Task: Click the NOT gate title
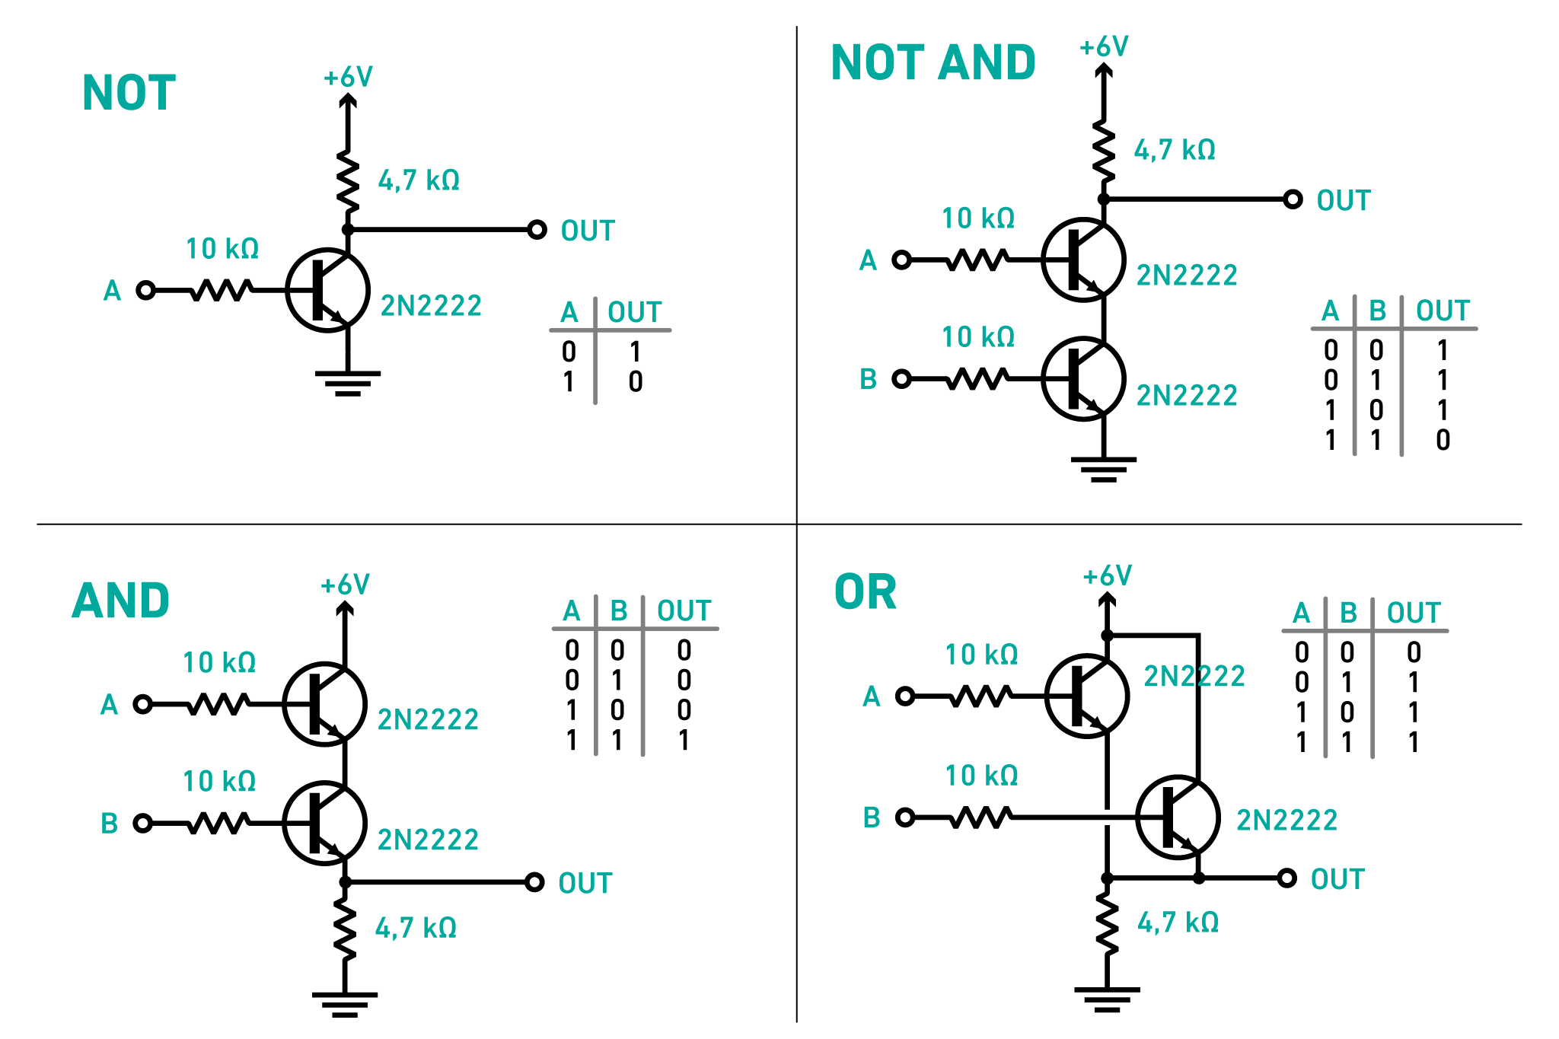(129, 93)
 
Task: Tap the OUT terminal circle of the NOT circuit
(537, 229)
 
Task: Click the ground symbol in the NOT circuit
(348, 383)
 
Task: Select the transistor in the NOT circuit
(328, 290)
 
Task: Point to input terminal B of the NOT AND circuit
(901, 378)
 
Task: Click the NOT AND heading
(933, 62)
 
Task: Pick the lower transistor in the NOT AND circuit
(1083, 378)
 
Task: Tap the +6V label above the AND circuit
(345, 585)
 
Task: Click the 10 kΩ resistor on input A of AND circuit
(218, 704)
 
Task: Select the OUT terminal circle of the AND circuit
(534, 882)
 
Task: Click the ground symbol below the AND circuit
(345, 1004)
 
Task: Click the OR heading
(866, 592)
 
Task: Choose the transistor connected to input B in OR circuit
(1178, 817)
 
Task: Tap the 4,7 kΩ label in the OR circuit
(1178, 923)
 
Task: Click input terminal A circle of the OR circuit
(905, 696)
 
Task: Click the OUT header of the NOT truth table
(634, 312)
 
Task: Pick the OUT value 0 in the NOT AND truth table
(1443, 440)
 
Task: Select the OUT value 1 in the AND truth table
(684, 740)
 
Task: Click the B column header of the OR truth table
(1348, 613)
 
